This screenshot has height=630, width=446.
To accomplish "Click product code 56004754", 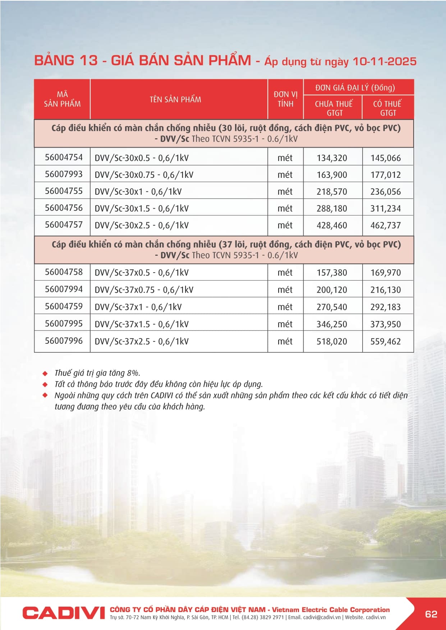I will [64, 157].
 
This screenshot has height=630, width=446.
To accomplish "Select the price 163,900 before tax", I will [332, 175].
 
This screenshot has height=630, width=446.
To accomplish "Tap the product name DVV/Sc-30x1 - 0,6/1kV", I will [138, 192].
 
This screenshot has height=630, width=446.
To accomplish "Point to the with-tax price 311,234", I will [385, 209].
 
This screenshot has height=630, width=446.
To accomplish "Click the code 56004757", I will [64, 225].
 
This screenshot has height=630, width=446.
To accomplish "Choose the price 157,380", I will [332, 273].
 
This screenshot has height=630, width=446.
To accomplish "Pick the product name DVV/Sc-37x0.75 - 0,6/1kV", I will [144, 290].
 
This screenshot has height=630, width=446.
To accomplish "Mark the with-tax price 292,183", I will [385, 307].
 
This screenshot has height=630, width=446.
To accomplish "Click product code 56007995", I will [64, 324].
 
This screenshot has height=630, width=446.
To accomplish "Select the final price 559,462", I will [385, 342].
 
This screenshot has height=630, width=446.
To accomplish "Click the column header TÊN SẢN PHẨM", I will [175, 99].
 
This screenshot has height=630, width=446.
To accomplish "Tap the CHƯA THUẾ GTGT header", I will [334, 108].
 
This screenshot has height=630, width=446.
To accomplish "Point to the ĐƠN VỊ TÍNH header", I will [286, 99].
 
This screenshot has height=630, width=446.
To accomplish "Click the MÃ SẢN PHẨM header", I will [62, 99].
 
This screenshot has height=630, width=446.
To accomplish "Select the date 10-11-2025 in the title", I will [384, 61].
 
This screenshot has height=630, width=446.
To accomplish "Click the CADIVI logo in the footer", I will [64, 613].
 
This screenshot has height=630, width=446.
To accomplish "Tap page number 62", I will [431, 614].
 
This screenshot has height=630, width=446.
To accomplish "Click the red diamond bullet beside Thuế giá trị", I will [45, 373].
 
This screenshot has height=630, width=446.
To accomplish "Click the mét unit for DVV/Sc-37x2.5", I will [285, 342].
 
